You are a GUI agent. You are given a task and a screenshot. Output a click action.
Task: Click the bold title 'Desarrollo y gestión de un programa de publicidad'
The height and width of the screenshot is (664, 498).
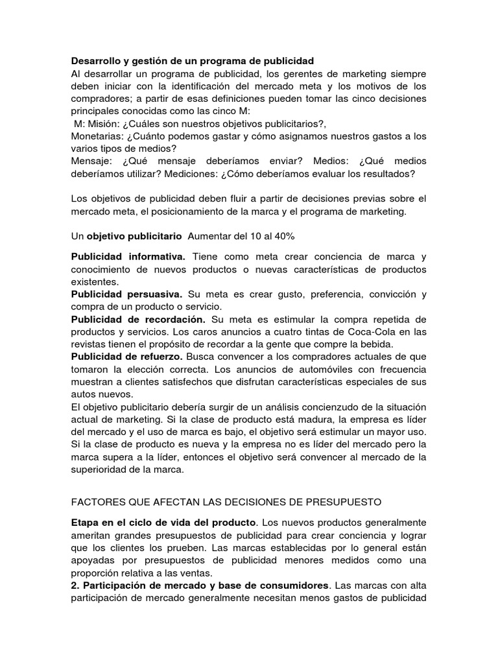tap(192, 61)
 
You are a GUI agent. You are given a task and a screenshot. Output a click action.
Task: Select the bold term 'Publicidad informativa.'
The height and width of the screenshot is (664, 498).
tap(128, 257)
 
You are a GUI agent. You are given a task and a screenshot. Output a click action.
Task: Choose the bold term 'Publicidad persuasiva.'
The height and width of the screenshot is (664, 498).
tap(126, 294)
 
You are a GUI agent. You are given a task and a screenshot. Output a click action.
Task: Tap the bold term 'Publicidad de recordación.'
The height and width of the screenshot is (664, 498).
tap(138, 320)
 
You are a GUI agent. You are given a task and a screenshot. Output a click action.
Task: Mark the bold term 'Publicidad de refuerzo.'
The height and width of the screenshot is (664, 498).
tap(128, 357)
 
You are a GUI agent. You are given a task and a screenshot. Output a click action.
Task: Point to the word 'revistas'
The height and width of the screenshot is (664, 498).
tap(89, 344)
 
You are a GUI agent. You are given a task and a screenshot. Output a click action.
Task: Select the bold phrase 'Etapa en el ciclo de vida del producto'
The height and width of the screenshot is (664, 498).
tap(163, 523)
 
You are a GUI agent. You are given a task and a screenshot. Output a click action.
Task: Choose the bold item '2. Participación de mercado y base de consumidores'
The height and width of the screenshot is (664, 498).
tap(200, 585)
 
